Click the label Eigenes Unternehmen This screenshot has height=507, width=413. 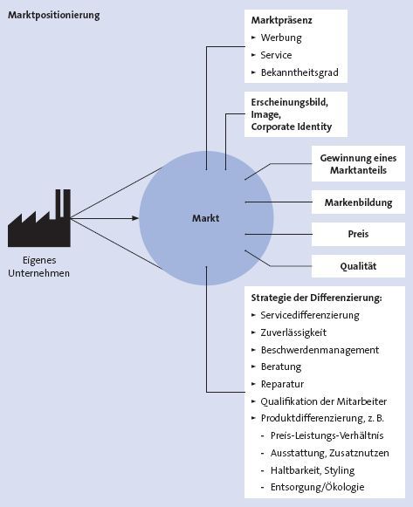(38, 267)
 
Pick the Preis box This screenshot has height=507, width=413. (357, 235)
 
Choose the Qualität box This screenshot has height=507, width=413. (357, 266)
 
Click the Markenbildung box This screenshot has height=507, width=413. (357, 203)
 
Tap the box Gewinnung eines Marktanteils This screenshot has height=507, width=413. (358, 164)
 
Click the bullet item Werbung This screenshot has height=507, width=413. (281, 38)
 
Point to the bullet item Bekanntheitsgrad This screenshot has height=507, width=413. (299, 72)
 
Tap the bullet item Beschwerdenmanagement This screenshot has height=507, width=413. (320, 349)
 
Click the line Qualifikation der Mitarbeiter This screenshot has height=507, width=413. (324, 401)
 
